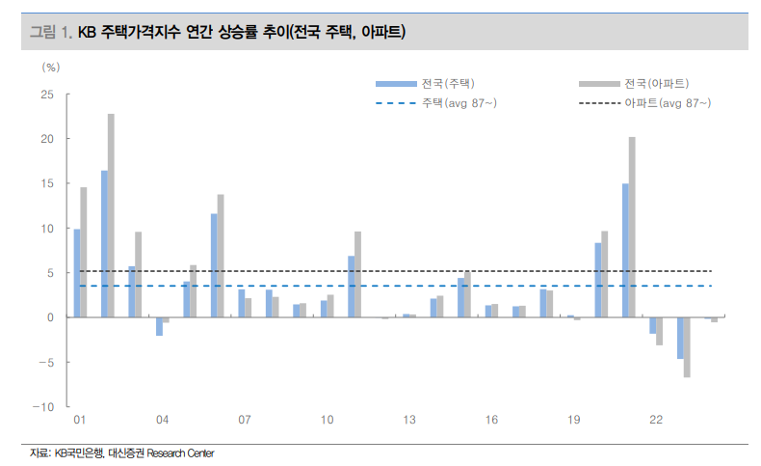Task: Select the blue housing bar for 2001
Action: tap(77, 273)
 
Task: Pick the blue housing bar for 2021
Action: tap(625, 250)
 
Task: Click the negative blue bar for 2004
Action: tap(159, 326)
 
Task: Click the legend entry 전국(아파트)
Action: tap(656, 83)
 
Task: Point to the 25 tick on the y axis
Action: tap(47, 95)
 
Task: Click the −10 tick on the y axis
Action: tap(44, 406)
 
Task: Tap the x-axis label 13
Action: tap(409, 421)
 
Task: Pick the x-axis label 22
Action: tap(656, 421)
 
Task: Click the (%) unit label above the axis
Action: tap(51, 68)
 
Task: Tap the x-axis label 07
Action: tap(245, 421)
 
